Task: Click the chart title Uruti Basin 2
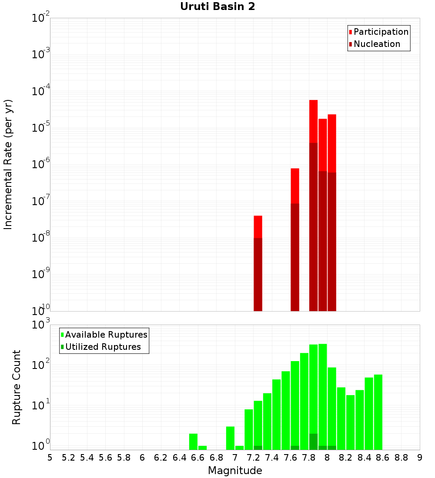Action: point(217,7)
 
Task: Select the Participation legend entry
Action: point(381,32)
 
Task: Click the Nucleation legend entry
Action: point(376,44)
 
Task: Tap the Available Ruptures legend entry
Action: point(106,335)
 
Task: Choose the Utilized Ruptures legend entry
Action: point(103,347)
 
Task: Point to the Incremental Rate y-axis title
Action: point(8,164)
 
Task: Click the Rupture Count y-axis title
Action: point(17,387)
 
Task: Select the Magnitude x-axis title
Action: point(235,471)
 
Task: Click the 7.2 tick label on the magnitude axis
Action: point(253,458)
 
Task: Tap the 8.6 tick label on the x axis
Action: point(383,458)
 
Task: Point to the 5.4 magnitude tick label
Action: point(87,458)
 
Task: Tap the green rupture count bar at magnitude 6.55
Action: point(194,441)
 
